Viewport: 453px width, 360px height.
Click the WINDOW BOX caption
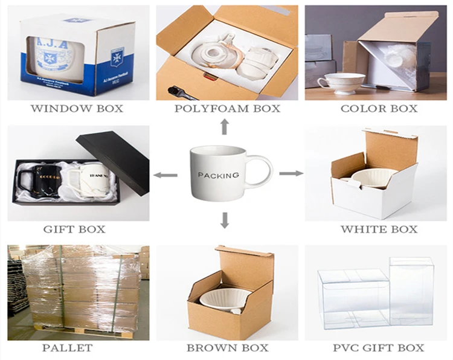tap(76, 109)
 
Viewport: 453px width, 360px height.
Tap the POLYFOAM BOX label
tap(228, 109)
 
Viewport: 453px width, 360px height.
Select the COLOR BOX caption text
tap(379, 109)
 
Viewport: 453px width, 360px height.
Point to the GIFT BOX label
tap(74, 229)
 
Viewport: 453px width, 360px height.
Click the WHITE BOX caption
tap(379, 229)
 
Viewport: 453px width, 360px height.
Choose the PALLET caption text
tap(67, 348)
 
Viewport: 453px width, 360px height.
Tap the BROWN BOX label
tap(227, 348)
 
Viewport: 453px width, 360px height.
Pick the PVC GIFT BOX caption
tap(379, 348)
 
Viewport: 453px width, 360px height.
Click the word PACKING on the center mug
tap(219, 175)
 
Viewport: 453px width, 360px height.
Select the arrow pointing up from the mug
tap(224, 127)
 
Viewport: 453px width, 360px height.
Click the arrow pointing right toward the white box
tap(291, 173)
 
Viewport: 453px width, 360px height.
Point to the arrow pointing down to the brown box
tap(225, 220)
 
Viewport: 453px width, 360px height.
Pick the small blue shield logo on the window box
tap(116, 58)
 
